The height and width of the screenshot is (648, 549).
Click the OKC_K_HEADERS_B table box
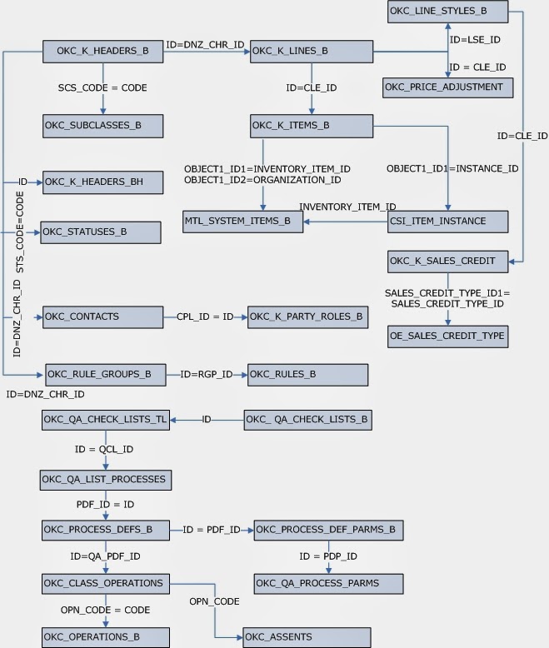[102, 52]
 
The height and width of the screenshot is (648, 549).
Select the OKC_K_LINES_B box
[310, 52]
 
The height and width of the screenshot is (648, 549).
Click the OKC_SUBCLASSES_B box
[102, 126]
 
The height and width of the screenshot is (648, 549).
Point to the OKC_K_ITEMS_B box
[310, 126]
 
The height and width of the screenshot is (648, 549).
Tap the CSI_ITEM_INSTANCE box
[448, 222]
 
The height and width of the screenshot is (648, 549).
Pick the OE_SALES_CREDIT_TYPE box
[448, 336]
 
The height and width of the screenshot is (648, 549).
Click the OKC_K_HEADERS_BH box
[102, 182]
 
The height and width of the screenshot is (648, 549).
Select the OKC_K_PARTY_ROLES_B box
[307, 317]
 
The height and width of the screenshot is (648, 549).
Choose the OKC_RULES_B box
[307, 374]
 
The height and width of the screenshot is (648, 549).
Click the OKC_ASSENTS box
[307, 637]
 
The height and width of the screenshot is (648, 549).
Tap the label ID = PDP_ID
[328, 556]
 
